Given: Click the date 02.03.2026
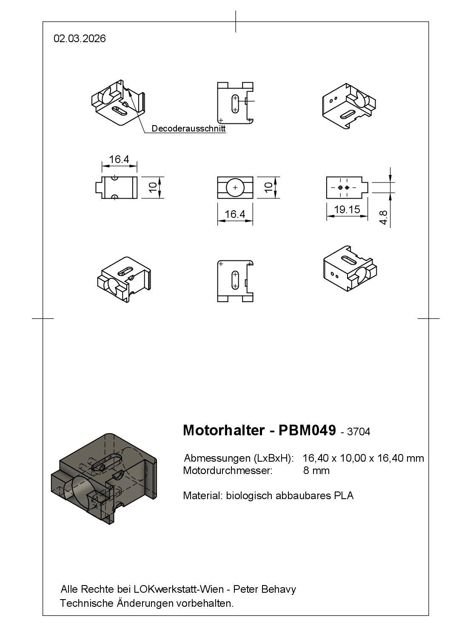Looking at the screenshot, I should (x=80, y=39).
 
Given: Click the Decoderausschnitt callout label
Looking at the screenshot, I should (x=188, y=129).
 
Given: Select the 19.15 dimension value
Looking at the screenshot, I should (x=347, y=209).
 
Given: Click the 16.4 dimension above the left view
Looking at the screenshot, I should (x=119, y=160).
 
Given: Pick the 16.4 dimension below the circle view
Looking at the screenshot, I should (x=235, y=214).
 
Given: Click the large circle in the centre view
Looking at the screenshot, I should (x=235, y=188).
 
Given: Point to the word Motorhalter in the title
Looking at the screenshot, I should (x=223, y=430).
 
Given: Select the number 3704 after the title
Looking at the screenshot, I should (x=359, y=432).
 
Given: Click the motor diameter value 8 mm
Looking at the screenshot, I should (x=316, y=471).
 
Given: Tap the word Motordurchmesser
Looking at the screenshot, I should (x=227, y=471).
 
